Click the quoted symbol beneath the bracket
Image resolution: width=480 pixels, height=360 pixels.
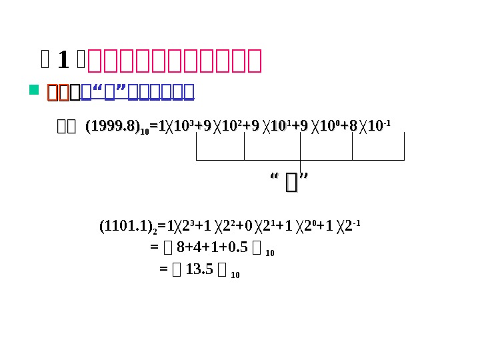tap(289, 181)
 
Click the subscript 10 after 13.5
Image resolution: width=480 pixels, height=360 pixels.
tap(235, 275)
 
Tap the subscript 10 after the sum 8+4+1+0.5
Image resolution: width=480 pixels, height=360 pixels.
tap(270, 253)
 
